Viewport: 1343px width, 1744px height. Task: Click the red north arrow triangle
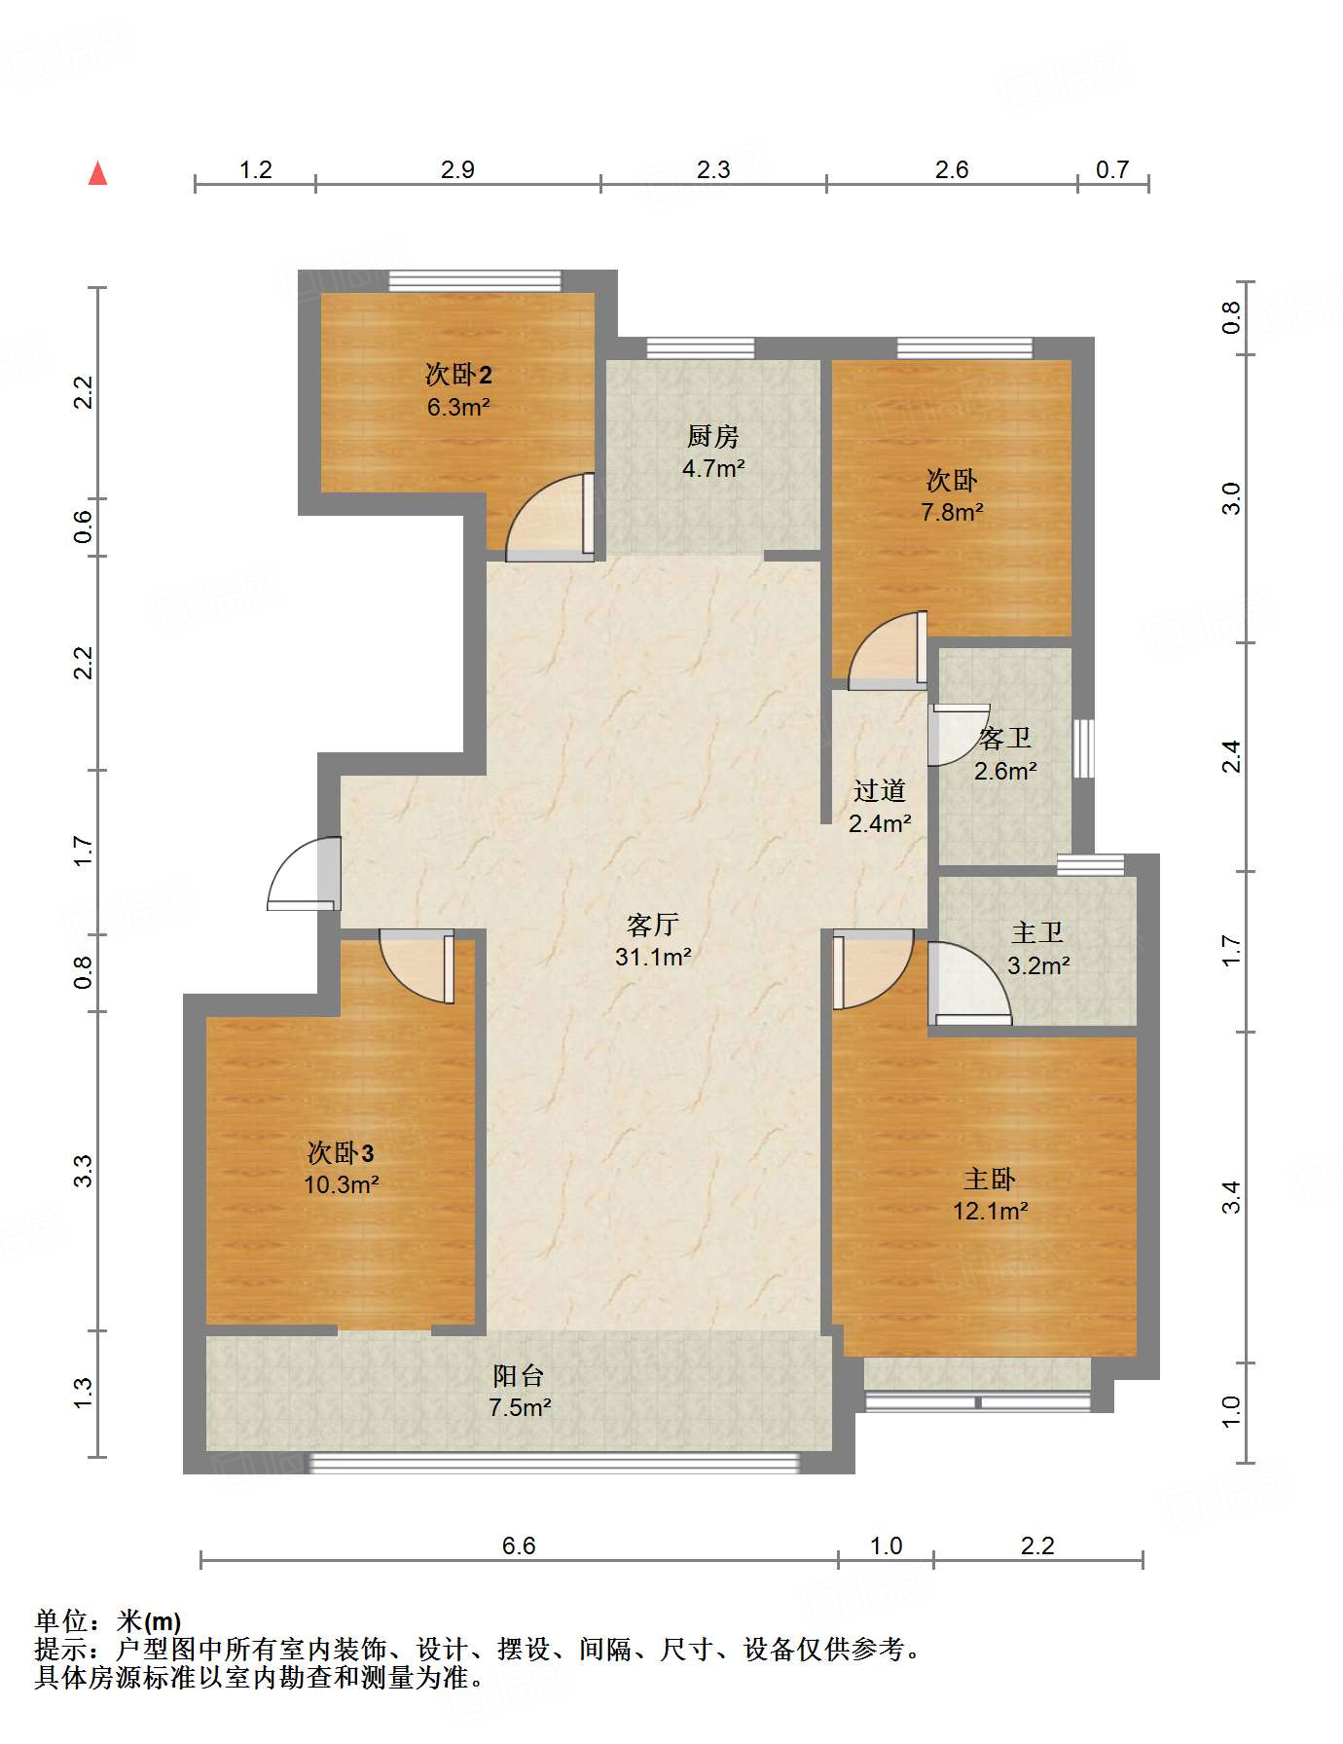click(97, 173)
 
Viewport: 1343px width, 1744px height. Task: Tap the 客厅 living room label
click(652, 924)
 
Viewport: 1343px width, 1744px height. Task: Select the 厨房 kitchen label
click(713, 436)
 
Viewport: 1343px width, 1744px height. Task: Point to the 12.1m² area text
click(991, 1212)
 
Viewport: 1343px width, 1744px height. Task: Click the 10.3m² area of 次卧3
click(341, 1185)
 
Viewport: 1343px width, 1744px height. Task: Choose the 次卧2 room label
click(458, 375)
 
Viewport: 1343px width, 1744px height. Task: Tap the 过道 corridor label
click(880, 790)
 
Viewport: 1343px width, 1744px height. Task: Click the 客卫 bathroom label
click(1005, 738)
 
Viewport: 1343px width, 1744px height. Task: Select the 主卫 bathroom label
click(1037, 932)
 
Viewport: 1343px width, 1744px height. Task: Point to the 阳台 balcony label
click(519, 1375)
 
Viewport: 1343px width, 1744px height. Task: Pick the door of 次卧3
click(417, 966)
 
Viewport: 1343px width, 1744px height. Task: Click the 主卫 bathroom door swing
click(969, 984)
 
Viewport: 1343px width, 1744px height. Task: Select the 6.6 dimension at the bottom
click(519, 1545)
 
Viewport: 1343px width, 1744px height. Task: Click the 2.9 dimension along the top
click(457, 169)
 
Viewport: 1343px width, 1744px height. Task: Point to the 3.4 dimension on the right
click(1231, 1196)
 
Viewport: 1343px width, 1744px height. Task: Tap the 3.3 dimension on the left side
click(84, 1170)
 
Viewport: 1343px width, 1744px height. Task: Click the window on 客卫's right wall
click(1083, 748)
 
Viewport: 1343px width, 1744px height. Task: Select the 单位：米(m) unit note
click(108, 1620)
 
